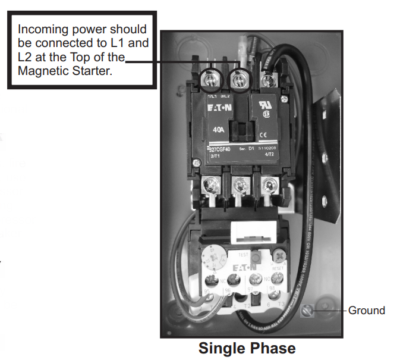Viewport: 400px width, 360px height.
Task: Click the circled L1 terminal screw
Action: coord(210,79)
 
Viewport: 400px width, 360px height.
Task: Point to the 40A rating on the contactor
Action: coord(218,129)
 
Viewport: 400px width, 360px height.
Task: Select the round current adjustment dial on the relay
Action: coord(211,259)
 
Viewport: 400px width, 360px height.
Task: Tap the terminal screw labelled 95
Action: coord(209,279)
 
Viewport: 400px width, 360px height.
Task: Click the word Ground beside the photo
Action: coord(366,311)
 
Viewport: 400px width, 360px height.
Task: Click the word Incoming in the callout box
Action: coord(41,29)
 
